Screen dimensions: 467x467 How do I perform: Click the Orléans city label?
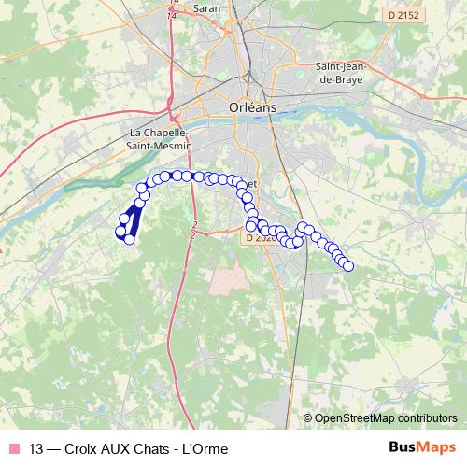click(x=252, y=107)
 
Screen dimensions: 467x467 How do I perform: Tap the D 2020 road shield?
click(x=262, y=238)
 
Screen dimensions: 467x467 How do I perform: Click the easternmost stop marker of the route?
click(x=349, y=266)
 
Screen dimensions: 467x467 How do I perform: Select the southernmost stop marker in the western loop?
click(x=130, y=240)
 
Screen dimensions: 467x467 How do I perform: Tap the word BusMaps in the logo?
click(x=421, y=447)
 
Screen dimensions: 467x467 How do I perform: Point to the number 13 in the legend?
click(x=36, y=448)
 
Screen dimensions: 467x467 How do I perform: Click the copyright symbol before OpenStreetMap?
click(x=307, y=418)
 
